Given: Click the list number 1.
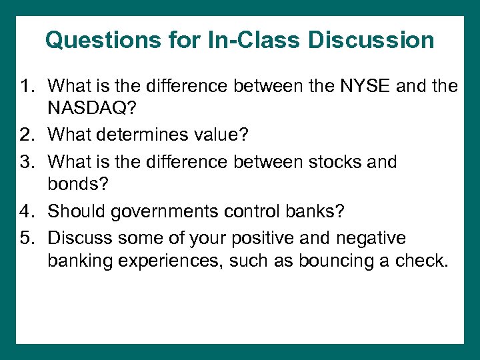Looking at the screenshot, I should pyautogui.click(x=27, y=86).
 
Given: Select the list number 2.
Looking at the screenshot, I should pyautogui.click(x=27, y=135).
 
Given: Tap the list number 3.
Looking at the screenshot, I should pyautogui.click(x=27, y=161).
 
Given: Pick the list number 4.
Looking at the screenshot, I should pyautogui.click(x=27, y=211).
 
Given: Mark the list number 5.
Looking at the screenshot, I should pyautogui.click(x=27, y=237).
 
